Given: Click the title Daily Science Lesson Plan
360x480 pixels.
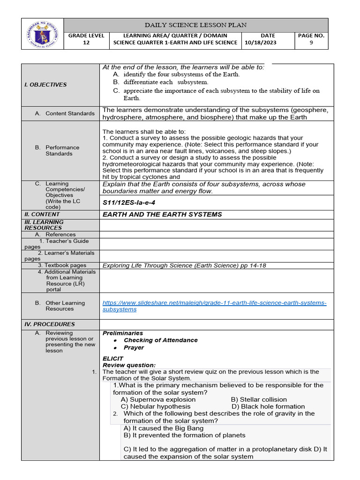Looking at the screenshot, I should coord(196,25).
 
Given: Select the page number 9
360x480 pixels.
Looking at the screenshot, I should coord(311,43).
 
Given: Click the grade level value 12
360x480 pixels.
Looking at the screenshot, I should coord(86,43).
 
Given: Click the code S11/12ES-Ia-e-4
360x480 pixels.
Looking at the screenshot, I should coord(129,203).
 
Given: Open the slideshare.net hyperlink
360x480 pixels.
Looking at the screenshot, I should coord(214,306).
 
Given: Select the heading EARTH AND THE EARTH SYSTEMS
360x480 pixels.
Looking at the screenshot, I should coord(162,214).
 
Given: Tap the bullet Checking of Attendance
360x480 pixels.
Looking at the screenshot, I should coord(160,340).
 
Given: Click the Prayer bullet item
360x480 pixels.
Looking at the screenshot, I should coord(134,348).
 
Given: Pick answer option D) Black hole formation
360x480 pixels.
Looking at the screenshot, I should coord(268,406).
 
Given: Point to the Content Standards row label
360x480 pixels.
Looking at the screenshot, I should coord(70,113).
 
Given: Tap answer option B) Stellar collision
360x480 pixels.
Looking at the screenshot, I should coord(262,399).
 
